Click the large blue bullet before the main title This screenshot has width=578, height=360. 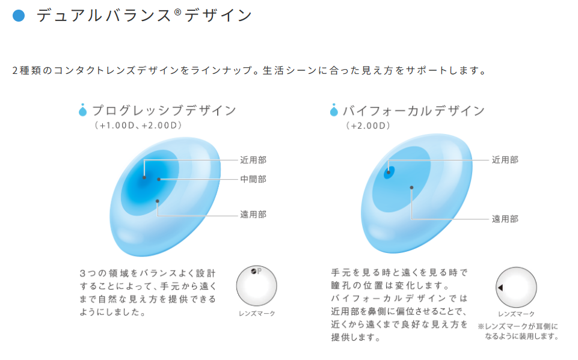[19, 16]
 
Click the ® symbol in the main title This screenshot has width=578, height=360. [177, 12]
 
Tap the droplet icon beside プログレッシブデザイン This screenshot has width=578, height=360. [82, 110]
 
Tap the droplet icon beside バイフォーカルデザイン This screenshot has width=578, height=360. [334, 110]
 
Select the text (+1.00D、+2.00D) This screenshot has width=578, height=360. [138, 125]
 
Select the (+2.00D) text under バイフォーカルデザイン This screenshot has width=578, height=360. [368, 126]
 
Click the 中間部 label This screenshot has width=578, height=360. [253, 179]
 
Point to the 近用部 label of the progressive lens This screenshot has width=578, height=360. [253, 160]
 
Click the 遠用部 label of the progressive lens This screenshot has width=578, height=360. [253, 215]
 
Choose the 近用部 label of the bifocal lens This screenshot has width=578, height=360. [505, 159]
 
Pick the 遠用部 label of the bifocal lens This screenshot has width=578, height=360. [505, 219]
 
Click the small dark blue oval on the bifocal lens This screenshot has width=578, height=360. [389, 172]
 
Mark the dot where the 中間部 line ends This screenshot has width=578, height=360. [159, 180]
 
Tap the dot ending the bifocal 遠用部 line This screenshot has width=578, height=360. [411, 188]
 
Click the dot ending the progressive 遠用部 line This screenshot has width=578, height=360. [158, 201]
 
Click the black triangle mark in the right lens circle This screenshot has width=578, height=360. [500, 287]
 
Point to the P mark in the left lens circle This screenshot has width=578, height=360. [259, 271]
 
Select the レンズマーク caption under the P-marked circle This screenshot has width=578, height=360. [257, 314]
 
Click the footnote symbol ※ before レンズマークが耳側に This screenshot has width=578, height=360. [481, 326]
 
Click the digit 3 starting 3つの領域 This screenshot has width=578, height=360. [82, 273]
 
